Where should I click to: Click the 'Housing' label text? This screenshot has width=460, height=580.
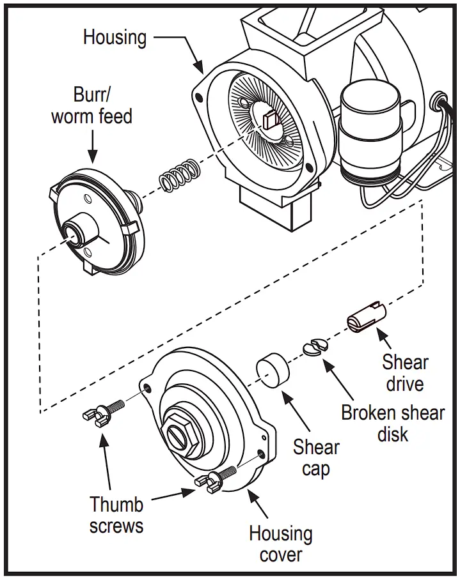pyautogui.click(x=116, y=37)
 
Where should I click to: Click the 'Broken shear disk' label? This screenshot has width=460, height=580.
pyautogui.click(x=392, y=423)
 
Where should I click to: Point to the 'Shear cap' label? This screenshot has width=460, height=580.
pyautogui.click(x=316, y=457)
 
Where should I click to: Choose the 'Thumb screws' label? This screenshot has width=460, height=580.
pyautogui.click(x=116, y=515)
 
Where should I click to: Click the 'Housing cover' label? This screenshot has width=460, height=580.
pyautogui.click(x=281, y=543)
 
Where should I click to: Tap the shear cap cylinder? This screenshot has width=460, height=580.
pyautogui.click(x=273, y=370)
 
